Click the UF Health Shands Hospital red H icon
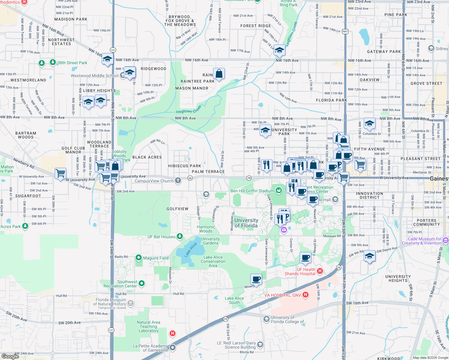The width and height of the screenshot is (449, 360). pos(320,271)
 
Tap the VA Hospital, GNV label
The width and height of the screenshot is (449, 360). pos(282,295)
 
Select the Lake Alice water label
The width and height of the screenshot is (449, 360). pos(191,250)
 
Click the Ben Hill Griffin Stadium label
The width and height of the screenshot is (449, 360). pos(252,191)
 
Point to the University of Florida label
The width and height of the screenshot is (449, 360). pos(246,223)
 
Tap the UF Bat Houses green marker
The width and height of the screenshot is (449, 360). pos(180,236)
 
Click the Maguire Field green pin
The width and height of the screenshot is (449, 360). pos(139,258)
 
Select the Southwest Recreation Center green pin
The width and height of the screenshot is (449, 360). pos(142,283)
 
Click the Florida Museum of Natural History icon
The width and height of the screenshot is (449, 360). pos(131,304)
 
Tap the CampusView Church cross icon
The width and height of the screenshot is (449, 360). pos(178,180)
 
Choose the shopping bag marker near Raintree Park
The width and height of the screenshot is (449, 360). pos(219,73)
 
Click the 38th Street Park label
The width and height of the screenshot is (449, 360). pos(72,63)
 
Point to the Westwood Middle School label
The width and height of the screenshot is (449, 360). pos(95,76)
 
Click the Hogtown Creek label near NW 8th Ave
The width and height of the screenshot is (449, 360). pos(189,109)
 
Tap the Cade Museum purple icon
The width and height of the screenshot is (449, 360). pos(445,240)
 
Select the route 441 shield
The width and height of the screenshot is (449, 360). pos(345,31)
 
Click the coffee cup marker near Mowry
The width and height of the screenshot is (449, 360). pos(256,279)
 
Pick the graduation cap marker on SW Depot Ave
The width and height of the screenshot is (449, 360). pos(369,256)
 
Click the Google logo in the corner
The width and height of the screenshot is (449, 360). pos(10,356)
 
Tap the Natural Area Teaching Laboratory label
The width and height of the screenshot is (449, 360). pos(149,326)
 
